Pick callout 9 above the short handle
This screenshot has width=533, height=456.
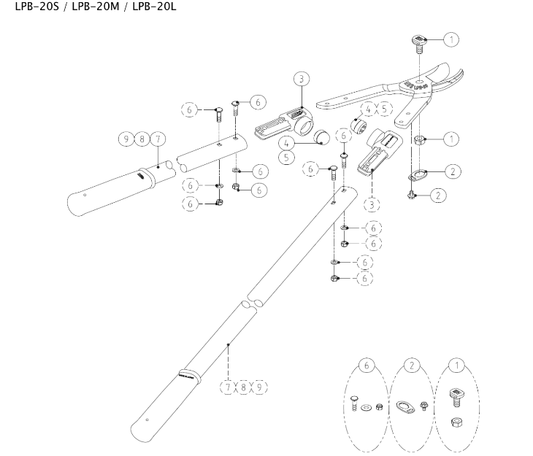coord(127,137)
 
